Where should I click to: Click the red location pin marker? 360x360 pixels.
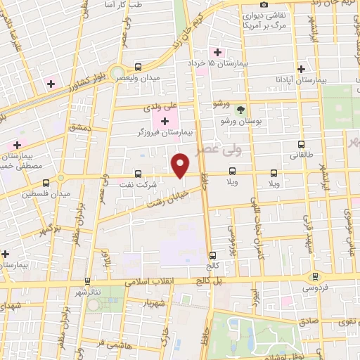181,165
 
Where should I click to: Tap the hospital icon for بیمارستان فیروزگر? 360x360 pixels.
165,122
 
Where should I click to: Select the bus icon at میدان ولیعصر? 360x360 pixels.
138,67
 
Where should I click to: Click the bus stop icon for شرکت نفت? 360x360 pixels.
138,174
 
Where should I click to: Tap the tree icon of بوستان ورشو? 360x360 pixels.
240,110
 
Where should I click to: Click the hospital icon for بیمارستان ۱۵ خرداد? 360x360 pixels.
217,53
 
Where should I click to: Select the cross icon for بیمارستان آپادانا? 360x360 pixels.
301,70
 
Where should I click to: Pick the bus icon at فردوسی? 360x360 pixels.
315,276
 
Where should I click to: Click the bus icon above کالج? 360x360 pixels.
212,255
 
